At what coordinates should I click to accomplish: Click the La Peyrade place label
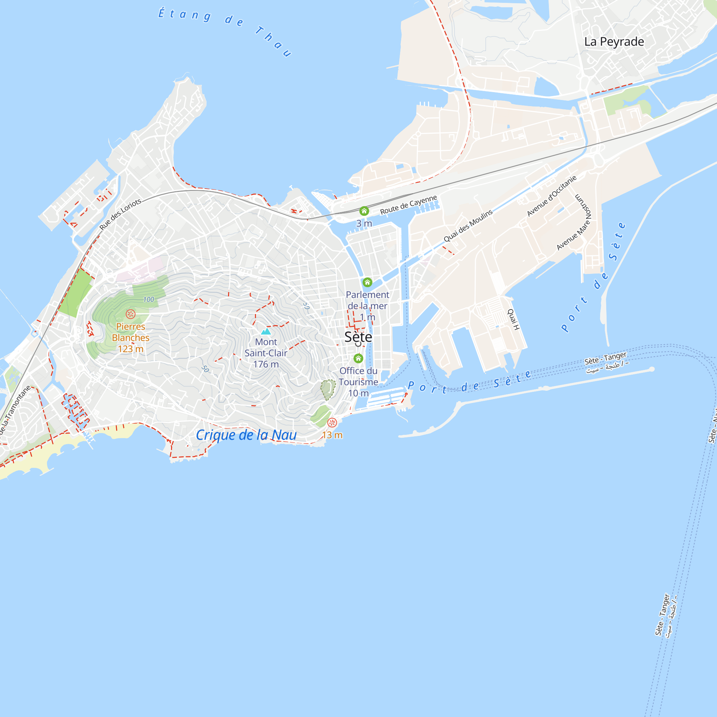614,42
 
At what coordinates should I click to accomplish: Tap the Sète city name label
358,337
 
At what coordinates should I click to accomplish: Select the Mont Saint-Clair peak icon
266,331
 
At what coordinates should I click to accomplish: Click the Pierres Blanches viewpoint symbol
130,314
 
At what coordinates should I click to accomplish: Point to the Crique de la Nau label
246,435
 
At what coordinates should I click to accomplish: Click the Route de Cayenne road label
408,205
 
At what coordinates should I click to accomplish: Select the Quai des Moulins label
468,225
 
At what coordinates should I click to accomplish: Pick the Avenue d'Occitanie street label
551,196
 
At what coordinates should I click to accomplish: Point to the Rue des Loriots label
120,214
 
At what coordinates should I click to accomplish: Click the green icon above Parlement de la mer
367,282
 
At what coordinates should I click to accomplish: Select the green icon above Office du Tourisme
358,358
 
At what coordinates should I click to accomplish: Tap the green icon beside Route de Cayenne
364,211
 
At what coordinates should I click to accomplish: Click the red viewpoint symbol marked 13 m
332,422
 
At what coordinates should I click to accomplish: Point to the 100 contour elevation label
148,299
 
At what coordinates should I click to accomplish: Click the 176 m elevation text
266,364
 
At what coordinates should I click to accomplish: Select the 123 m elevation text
130,349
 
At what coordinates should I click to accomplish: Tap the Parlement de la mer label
367,300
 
